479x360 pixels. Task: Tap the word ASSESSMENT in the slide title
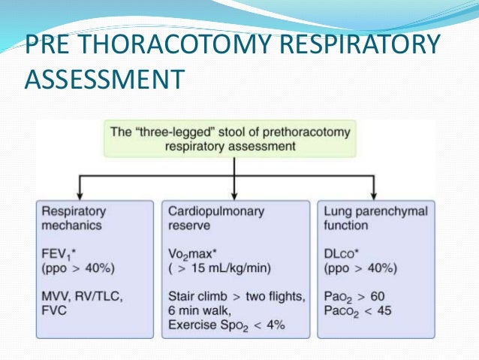click(x=104, y=77)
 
